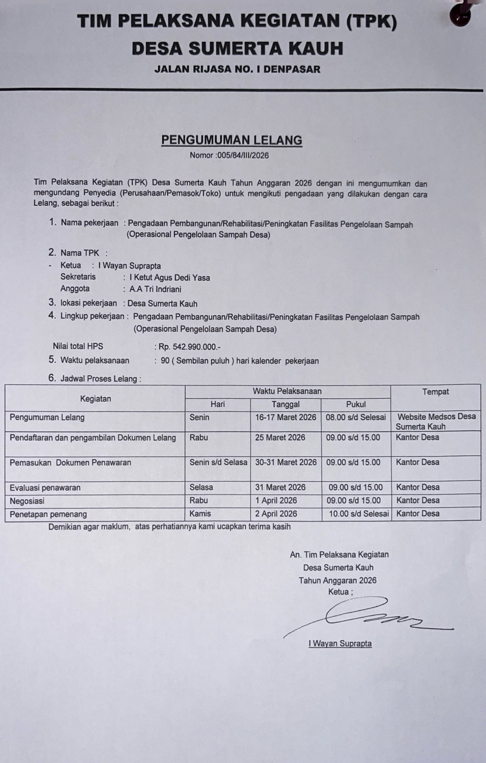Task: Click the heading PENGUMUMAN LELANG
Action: pyautogui.click(x=232, y=140)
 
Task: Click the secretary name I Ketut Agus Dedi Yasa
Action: pyautogui.click(x=170, y=278)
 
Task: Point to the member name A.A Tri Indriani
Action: pyautogui.click(x=155, y=289)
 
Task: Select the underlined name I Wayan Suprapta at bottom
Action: pyautogui.click(x=340, y=644)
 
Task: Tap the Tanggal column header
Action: pyautogui.click(x=286, y=404)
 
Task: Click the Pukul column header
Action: pyautogui.click(x=356, y=404)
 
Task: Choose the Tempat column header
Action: pyautogui.click(x=435, y=392)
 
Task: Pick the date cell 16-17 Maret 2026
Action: pyautogui.click(x=286, y=417)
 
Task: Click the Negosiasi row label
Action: pyautogui.click(x=27, y=501)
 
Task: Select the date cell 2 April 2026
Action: pyautogui.click(x=276, y=514)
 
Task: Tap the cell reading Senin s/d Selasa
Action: pyautogui.click(x=218, y=462)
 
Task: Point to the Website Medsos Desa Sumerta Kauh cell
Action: pyautogui.click(x=436, y=422)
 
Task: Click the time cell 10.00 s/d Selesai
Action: pyautogui.click(x=359, y=514)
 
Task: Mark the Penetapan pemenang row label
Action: pyautogui.click(x=48, y=514)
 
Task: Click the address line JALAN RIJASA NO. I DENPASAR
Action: pyautogui.click(x=237, y=69)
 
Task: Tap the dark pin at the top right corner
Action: pyautogui.click(x=461, y=14)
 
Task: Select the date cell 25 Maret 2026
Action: pyautogui.click(x=280, y=438)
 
